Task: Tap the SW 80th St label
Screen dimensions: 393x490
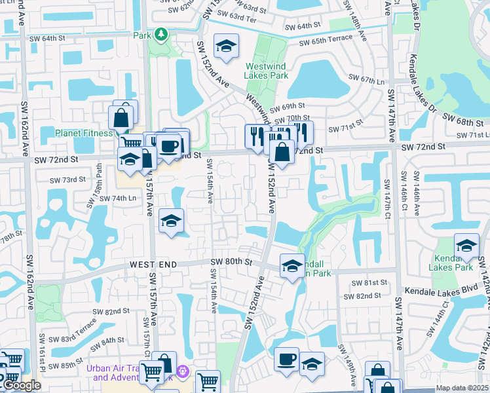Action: [231, 262]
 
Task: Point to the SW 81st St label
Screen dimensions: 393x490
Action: [369, 282]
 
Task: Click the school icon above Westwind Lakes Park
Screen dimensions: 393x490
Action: [227, 46]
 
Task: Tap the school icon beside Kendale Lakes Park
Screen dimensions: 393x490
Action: [467, 246]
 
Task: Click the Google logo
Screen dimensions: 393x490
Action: [21, 385]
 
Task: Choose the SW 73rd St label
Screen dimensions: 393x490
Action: [67, 179]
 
